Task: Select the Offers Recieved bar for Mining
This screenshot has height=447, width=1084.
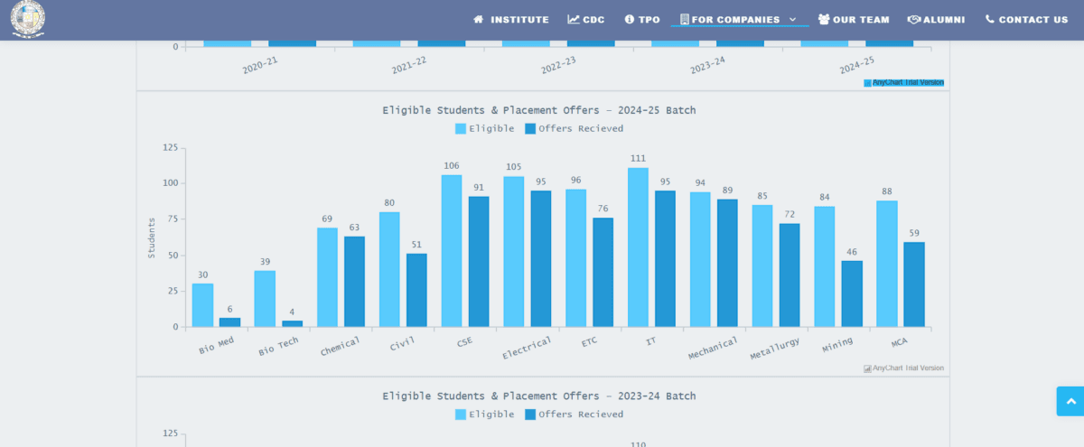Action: coord(852,293)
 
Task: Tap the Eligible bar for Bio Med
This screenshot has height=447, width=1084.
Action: coord(202,305)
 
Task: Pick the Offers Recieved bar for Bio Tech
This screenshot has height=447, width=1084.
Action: coord(292,323)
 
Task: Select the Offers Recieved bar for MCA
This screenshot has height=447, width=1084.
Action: coord(914,284)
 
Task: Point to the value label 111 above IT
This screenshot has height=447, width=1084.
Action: coord(638,158)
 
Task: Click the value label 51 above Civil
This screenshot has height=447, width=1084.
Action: coord(416,244)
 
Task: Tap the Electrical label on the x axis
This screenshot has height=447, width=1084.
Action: coord(527,348)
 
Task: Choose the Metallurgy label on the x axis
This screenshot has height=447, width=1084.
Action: coord(774,348)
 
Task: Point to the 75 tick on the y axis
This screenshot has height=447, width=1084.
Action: coord(170,219)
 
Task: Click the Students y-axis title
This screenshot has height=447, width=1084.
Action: coord(152,237)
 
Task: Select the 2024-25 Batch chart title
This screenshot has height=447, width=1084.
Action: coord(538,110)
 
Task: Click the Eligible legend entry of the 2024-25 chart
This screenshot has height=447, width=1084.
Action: coord(485,128)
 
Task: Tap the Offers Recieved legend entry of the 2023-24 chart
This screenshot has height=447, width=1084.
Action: coord(575,414)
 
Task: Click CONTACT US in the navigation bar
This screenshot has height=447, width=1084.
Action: coord(1026,20)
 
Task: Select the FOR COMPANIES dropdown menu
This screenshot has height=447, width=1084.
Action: coord(738,20)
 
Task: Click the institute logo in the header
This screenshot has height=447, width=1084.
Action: coord(28,19)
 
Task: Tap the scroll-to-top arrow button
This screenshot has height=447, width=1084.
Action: coord(1070,401)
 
